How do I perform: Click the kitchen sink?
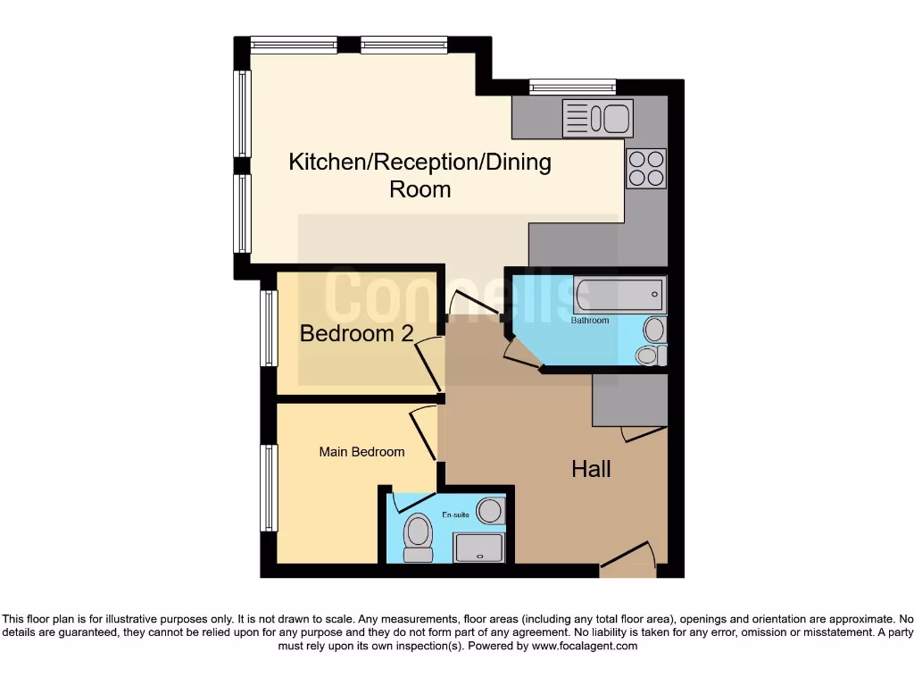click(597, 118)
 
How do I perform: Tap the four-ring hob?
click(645, 168)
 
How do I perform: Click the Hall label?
click(591, 468)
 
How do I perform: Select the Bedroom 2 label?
click(356, 333)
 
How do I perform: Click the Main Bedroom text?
click(361, 452)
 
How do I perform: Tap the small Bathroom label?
click(590, 320)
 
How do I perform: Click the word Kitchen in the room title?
click(328, 162)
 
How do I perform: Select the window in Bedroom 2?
click(269, 328)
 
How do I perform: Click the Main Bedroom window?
click(269, 488)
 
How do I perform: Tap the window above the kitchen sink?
click(571, 87)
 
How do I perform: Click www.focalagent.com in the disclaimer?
click(584, 646)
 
